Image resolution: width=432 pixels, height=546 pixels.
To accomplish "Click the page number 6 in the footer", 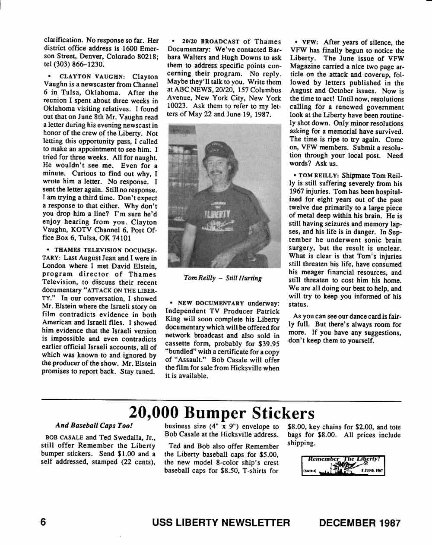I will click(43, 522).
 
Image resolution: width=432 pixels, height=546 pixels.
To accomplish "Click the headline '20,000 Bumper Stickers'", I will click(222, 413).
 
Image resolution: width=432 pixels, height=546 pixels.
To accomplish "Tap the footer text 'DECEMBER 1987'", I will click(359, 523).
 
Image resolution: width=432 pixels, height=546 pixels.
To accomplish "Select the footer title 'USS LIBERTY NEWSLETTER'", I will click(221, 523).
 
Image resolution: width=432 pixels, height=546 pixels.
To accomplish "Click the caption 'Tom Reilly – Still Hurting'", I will click(222, 278).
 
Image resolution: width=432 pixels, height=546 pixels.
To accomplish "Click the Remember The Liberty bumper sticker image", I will click(343, 466).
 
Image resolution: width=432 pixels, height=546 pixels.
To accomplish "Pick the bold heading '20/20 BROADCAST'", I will click(210, 42).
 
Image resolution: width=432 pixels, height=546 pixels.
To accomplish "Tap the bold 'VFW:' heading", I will click(310, 42).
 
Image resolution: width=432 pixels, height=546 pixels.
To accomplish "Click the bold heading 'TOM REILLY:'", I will click(318, 176).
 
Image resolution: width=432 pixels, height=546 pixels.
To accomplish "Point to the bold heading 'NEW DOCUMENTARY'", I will click(211, 303).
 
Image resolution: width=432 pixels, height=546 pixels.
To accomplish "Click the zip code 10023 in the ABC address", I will click(177, 106).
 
